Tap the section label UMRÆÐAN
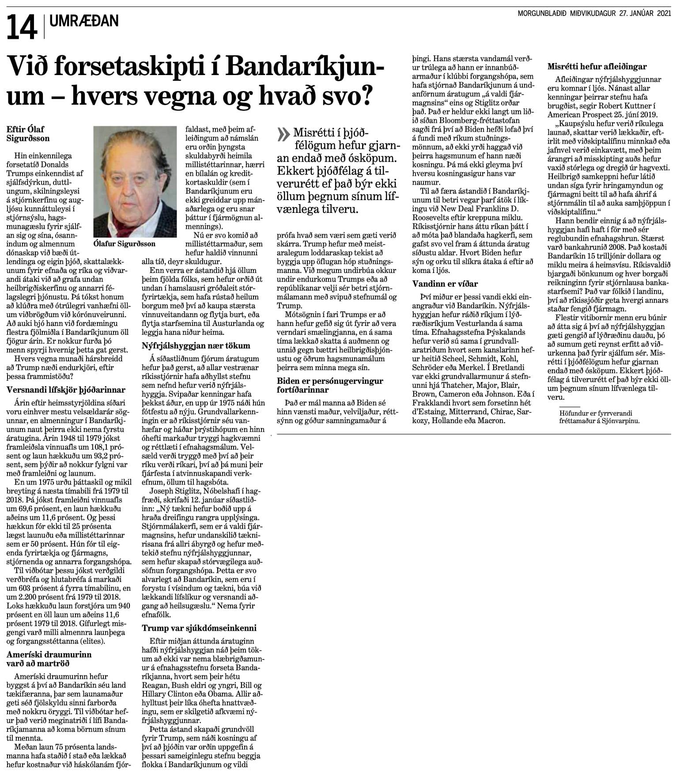pos(84,21)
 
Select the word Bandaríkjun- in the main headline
pos(307,68)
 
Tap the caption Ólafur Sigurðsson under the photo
pos(125,243)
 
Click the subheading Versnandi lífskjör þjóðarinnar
pos(66,390)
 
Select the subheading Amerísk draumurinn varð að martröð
pos(49,659)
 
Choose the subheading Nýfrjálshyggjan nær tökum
pos(196,346)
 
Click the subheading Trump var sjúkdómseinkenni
pos(199,628)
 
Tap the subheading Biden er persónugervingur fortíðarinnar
pos(330,385)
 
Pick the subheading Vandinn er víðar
pos(445,284)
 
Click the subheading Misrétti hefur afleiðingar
pos(597,67)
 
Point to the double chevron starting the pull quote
pos(283,134)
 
